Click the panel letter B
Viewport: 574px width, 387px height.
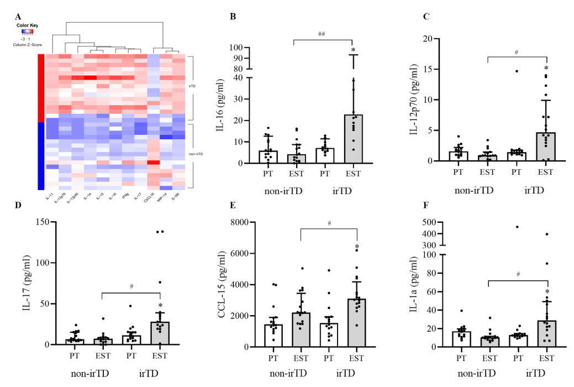(x=233, y=17)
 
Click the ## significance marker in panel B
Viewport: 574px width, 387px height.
(x=322, y=34)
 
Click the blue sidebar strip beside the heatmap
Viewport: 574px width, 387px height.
(x=40, y=155)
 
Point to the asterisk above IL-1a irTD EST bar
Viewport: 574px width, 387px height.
(x=546, y=292)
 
